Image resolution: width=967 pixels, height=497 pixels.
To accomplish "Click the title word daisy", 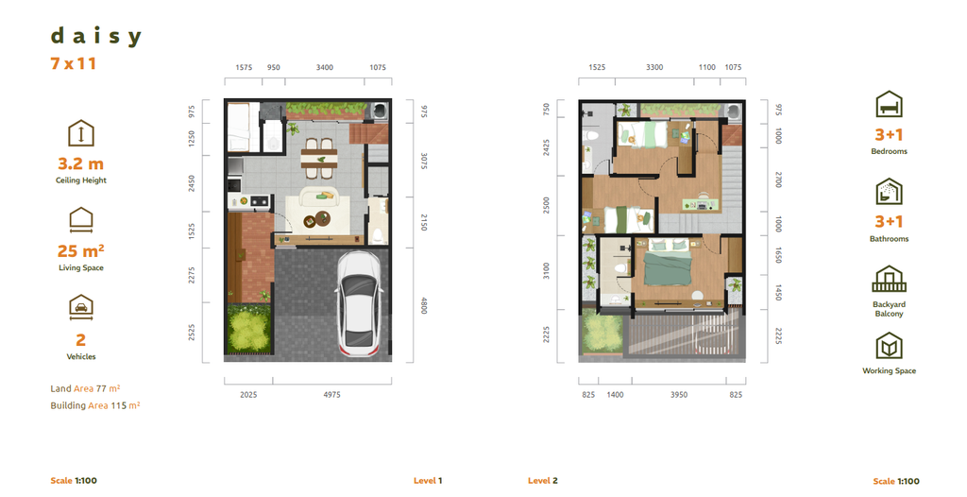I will click(95, 37).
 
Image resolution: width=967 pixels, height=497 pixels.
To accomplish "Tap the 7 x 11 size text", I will click(74, 64).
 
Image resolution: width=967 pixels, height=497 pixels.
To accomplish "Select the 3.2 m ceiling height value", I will click(80, 164).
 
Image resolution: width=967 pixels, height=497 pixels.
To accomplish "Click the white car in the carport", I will click(359, 300).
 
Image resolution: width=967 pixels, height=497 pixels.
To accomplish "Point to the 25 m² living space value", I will click(80, 251).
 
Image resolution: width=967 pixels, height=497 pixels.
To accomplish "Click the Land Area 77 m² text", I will click(85, 388).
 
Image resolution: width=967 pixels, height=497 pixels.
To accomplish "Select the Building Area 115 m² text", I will click(94, 405).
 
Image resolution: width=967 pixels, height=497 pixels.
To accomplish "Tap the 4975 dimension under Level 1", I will click(331, 394).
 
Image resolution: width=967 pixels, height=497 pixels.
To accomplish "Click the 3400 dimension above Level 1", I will click(324, 68).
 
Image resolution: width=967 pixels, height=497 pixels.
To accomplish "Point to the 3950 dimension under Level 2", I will click(678, 394).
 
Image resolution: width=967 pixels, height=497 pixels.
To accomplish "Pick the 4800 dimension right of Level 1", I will click(424, 305).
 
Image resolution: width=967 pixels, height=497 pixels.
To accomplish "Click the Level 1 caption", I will click(428, 481).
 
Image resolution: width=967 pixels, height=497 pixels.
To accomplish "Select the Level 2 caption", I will click(542, 481).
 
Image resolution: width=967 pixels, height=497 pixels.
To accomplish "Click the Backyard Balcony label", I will click(889, 309).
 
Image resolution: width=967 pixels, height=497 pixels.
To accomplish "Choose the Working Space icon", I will click(889, 345).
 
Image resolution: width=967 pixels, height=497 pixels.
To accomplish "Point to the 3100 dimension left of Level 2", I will click(546, 271).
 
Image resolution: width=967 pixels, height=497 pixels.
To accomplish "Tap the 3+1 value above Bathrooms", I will click(889, 222).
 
